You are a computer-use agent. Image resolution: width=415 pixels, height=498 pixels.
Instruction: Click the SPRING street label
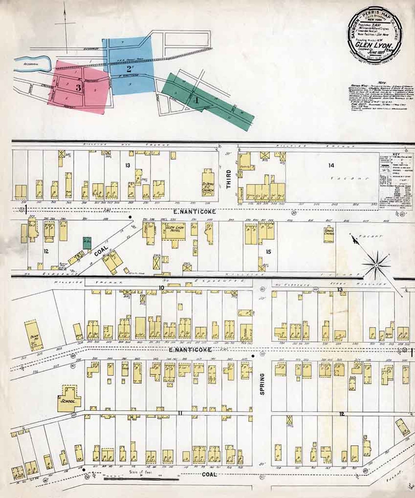point(262,383)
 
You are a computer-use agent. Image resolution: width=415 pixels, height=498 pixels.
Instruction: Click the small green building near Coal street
point(87,242)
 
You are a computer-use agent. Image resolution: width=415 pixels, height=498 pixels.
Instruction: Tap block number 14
point(331,165)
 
